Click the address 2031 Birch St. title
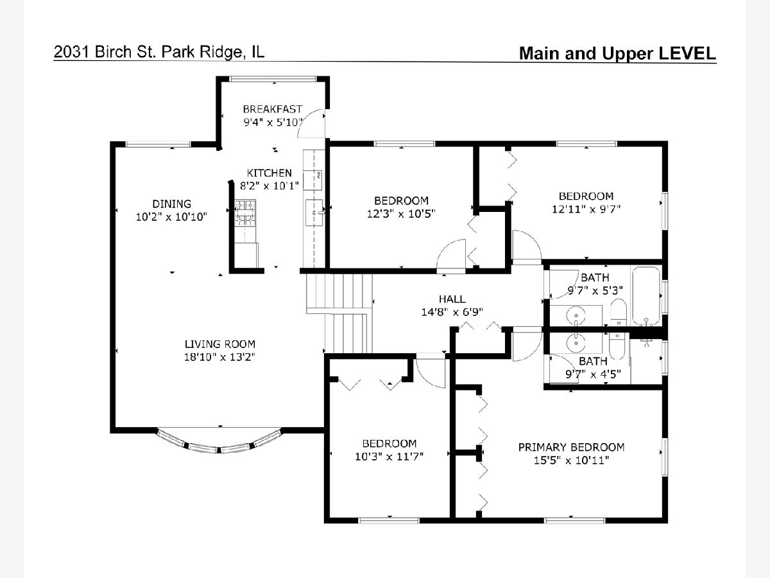[158, 52]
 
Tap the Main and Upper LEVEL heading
[617, 53]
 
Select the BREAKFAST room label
[273, 109]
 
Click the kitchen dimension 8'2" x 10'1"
[269, 186]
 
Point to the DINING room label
[171, 204]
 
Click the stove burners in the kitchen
[245, 212]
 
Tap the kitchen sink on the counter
[314, 212]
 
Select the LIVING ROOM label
[220, 344]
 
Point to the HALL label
[452, 299]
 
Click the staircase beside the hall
[339, 313]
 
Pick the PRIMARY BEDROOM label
[572, 447]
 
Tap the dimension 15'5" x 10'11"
[572, 460]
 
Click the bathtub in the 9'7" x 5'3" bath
[646, 295]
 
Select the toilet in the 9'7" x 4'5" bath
[617, 346]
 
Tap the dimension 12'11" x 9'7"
[586, 209]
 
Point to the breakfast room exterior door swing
[311, 123]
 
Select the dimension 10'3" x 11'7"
[389, 457]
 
